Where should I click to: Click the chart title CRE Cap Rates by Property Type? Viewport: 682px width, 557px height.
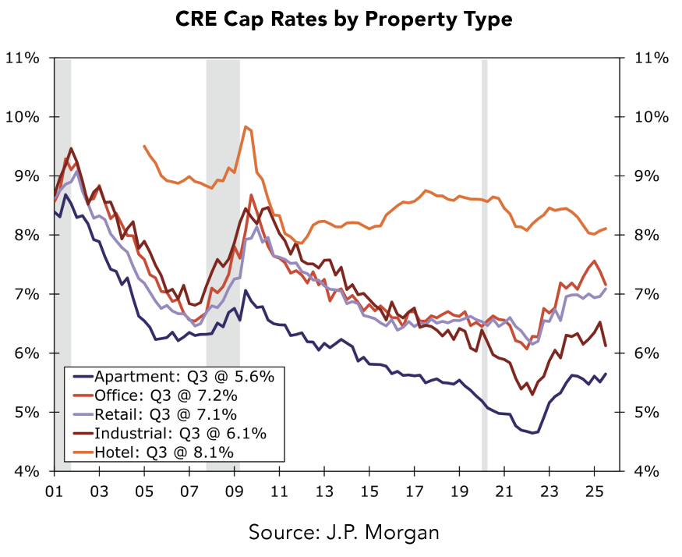pyautogui.click(x=341, y=19)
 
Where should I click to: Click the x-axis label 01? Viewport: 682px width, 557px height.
pyautogui.click(x=54, y=493)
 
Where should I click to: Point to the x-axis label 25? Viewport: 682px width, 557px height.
pyautogui.click(x=594, y=493)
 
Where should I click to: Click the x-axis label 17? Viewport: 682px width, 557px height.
pyautogui.click(x=414, y=493)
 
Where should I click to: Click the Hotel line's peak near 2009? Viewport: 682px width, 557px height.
pyautogui.click(x=246, y=126)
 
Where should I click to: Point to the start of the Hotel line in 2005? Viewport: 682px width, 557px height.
pyautogui.click(x=144, y=146)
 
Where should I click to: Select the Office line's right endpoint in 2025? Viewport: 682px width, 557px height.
pyautogui.click(x=606, y=285)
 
